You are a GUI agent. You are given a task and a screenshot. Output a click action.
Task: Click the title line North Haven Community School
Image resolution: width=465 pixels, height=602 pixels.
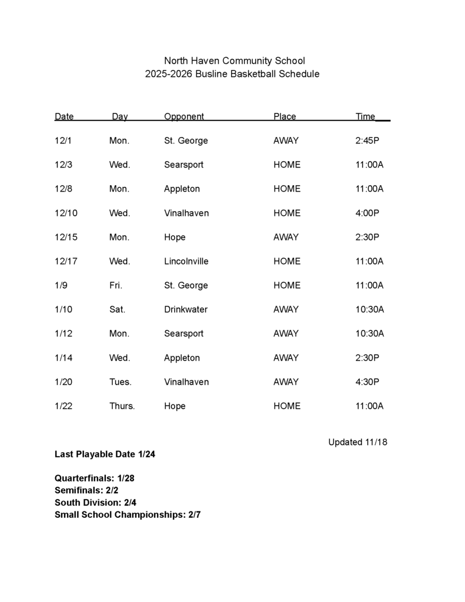coord(234,61)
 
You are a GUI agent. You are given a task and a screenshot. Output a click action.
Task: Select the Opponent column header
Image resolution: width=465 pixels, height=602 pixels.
coord(183,116)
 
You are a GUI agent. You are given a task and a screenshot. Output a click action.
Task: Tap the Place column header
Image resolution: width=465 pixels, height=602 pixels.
coord(285,116)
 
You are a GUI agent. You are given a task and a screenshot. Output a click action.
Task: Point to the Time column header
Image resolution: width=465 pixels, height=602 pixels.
coord(365,116)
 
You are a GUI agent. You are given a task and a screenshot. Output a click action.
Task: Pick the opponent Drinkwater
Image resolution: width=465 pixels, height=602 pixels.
coord(186,309)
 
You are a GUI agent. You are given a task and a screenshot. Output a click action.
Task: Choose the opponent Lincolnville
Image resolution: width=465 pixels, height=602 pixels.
coord(186,261)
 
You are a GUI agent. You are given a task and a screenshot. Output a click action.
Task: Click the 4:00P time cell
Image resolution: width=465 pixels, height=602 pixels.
coord(367,213)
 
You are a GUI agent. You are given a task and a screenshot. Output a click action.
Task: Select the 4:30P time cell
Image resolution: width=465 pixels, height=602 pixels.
coord(367,382)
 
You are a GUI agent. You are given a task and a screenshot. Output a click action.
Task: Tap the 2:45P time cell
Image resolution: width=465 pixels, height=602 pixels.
coord(367,141)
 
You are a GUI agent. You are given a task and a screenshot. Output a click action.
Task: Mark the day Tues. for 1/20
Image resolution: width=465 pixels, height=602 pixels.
coord(121,382)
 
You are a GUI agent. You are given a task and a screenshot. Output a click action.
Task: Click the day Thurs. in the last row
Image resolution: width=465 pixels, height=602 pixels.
coord(122,406)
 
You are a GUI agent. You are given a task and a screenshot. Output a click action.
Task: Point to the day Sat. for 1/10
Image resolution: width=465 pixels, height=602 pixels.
coord(117,309)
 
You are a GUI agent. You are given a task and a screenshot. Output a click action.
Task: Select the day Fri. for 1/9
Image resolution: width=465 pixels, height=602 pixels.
coord(116,285)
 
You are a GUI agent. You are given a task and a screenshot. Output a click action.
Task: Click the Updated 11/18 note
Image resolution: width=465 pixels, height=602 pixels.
coord(357,442)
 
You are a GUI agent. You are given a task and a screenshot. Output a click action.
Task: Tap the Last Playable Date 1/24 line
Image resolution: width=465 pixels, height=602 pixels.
coord(105,454)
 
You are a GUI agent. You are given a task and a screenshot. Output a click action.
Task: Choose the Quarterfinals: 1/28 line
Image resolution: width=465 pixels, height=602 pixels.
coord(95,479)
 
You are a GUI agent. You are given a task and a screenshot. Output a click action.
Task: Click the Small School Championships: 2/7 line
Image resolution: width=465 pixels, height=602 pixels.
coord(128,515)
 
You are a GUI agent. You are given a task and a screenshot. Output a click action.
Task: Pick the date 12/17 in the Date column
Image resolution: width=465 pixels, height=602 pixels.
coord(66,261)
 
